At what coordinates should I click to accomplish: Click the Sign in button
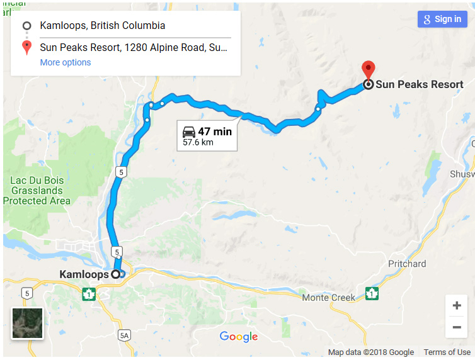coord(442,19)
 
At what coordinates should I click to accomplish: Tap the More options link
coord(66,62)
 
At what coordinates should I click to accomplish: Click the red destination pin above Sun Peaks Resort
coord(368,70)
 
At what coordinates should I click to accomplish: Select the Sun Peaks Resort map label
coord(419,84)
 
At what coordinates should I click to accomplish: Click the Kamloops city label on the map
coord(84,274)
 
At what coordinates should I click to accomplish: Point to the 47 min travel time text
coord(215,132)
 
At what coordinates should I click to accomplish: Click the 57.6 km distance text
coord(198,142)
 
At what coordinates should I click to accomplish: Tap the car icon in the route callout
coord(188,132)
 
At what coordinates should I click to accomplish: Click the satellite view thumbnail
coord(27,323)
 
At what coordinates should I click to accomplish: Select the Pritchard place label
coord(407,264)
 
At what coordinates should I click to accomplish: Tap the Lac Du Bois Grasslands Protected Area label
coord(37,191)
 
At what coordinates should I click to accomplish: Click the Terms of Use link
coord(447,352)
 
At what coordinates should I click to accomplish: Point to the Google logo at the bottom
coord(239,337)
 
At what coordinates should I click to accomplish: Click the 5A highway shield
coord(124,335)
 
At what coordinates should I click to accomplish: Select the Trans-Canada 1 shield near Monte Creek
coord(372,293)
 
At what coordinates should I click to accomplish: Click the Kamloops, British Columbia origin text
coord(102,26)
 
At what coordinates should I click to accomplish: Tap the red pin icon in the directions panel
coord(26,48)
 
